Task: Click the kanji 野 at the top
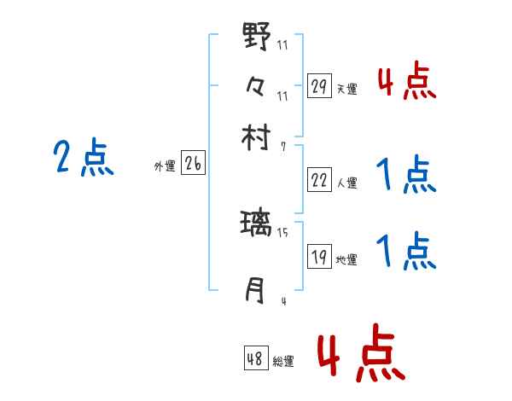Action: coord(257,37)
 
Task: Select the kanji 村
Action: coord(257,137)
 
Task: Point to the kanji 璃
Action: coord(257,224)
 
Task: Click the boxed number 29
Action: coord(319,85)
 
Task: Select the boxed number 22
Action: coord(319,180)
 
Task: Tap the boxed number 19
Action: coord(319,257)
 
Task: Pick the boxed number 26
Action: coord(193,164)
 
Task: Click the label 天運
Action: coord(347,89)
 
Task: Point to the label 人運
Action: coord(347,183)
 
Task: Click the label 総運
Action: coord(284,362)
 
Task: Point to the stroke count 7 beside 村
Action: coord(282,147)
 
